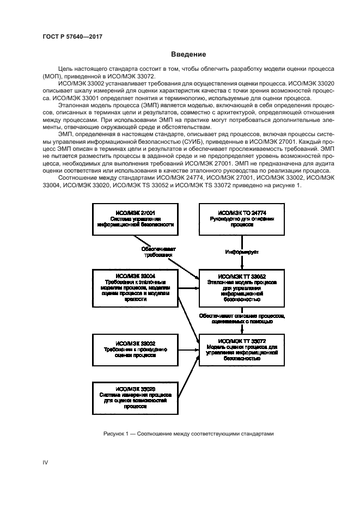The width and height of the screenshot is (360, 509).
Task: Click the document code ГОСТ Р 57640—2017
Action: pyautogui.click(x=72, y=36)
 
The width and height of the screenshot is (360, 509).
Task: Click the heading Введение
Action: pyautogui.click(x=188, y=54)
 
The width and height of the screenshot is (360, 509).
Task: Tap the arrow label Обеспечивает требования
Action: pyautogui.click(x=158, y=251)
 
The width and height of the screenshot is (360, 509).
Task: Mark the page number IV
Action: pyautogui.click(x=46, y=462)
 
